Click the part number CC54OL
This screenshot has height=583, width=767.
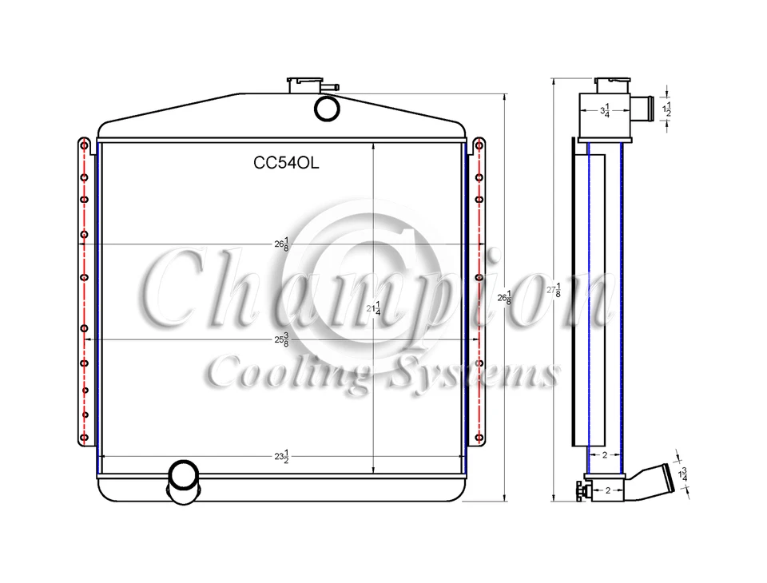tap(285, 163)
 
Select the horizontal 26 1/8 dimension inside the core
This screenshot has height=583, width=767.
tap(281, 244)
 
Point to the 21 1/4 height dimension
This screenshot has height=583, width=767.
tap(373, 308)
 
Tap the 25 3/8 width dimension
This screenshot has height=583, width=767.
tap(281, 339)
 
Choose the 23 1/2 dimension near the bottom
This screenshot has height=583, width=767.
tap(281, 457)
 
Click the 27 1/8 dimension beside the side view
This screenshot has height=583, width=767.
tap(554, 291)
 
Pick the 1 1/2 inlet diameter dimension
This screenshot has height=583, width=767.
tap(669, 109)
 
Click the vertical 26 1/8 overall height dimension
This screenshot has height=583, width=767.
tap(504, 297)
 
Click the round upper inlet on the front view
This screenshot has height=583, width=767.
tap(326, 109)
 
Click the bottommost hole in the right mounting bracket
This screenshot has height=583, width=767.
tap(479, 436)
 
